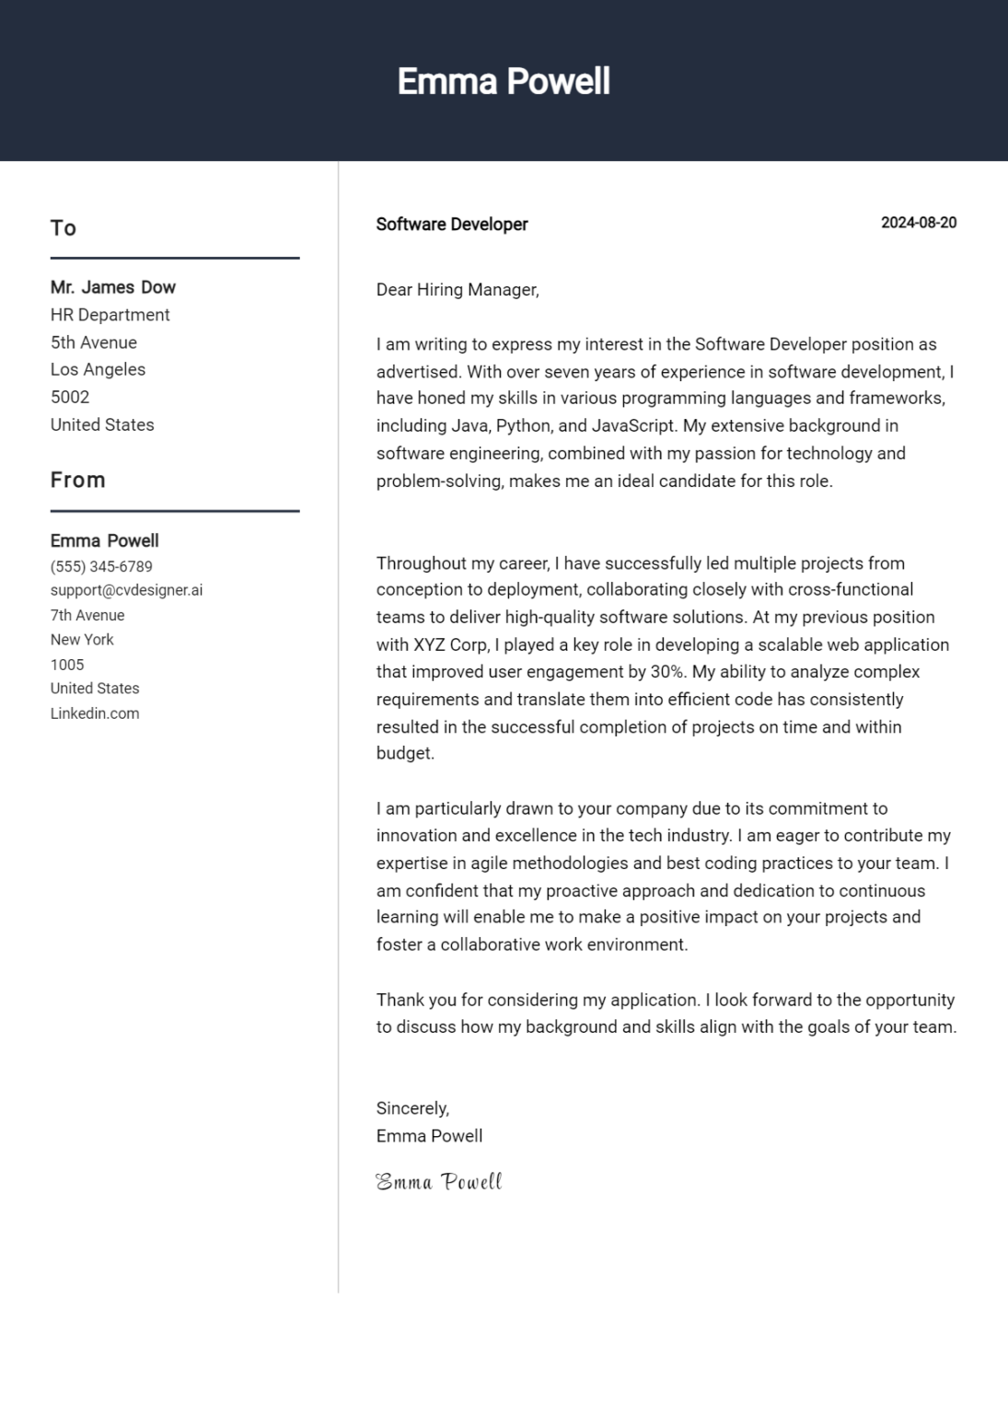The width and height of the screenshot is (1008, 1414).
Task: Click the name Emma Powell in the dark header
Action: (504, 82)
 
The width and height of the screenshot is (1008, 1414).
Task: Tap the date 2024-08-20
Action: (918, 223)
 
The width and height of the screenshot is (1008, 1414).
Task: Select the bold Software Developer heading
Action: (452, 225)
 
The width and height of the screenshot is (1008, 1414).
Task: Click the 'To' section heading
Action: (64, 228)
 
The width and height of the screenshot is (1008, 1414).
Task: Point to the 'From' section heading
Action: (78, 480)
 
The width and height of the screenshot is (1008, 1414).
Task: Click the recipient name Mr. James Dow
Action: (113, 287)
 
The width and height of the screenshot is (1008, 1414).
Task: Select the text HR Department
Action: (110, 315)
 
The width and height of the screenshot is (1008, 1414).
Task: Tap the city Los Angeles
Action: (98, 369)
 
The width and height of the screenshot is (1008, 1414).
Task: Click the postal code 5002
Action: (70, 397)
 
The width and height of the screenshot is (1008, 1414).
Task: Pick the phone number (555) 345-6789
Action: (101, 566)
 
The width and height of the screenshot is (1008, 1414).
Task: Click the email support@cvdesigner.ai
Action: (126, 590)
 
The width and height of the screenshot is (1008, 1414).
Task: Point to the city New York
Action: (82, 639)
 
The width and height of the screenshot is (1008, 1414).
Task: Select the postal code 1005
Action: (67, 664)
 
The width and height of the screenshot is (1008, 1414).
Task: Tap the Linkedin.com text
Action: (95, 713)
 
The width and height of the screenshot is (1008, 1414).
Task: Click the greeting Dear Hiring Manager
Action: (458, 290)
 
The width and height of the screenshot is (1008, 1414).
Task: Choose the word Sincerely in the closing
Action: (412, 1108)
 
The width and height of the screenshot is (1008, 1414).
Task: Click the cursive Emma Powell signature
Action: (439, 1182)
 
